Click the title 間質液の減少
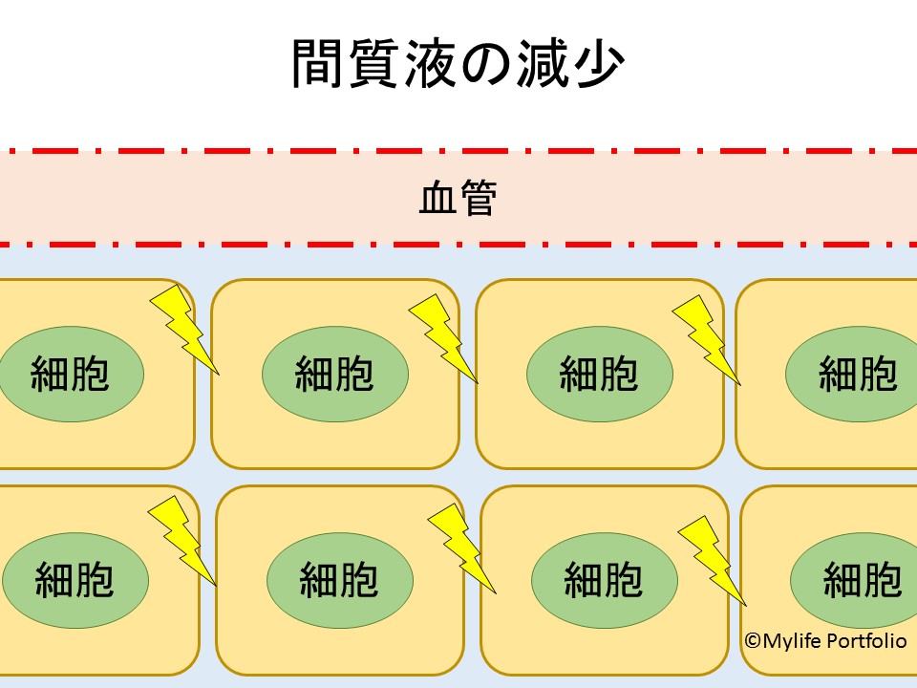(458, 65)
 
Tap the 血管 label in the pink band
(458, 199)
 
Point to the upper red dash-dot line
(458, 150)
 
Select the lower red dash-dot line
(458, 245)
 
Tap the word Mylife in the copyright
(791, 641)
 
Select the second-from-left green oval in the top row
(335, 373)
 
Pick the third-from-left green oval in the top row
(599, 373)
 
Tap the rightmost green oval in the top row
(855, 373)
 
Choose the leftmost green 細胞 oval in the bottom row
(75, 579)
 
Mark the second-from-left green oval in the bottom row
(339, 579)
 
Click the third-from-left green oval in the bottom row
(604, 579)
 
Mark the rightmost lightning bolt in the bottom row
(713, 559)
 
